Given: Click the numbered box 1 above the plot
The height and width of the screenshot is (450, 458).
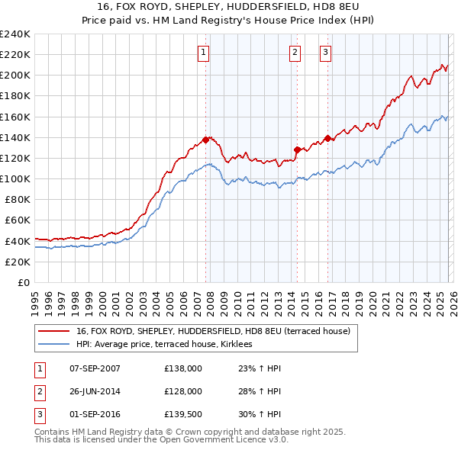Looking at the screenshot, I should click(x=205, y=53).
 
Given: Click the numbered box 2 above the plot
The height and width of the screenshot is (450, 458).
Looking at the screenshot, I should click(x=295, y=53).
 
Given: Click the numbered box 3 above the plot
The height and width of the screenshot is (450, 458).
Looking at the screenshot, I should click(x=325, y=53).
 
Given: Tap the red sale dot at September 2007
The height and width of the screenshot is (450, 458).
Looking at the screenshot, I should click(x=205, y=140).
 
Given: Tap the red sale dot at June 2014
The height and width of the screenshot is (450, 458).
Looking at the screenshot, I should click(x=297, y=149).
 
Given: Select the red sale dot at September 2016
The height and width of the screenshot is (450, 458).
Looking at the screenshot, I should click(x=327, y=138).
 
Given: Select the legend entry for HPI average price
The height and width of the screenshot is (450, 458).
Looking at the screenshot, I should click(x=169, y=345).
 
